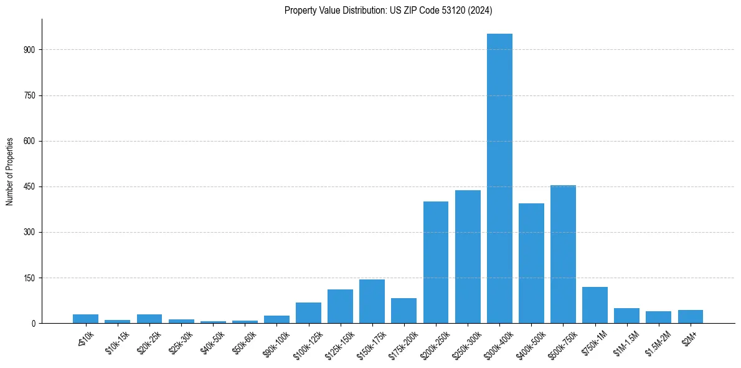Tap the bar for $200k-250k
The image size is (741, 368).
click(436, 263)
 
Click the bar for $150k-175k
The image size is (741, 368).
click(372, 301)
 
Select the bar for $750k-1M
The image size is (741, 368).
click(595, 305)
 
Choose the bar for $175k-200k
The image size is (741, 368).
click(404, 311)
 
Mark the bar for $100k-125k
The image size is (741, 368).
click(308, 313)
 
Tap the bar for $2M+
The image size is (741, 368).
click(690, 317)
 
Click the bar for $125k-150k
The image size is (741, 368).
click(340, 306)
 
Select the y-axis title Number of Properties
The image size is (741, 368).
click(10, 171)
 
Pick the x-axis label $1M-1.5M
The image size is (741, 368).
click(625, 342)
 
